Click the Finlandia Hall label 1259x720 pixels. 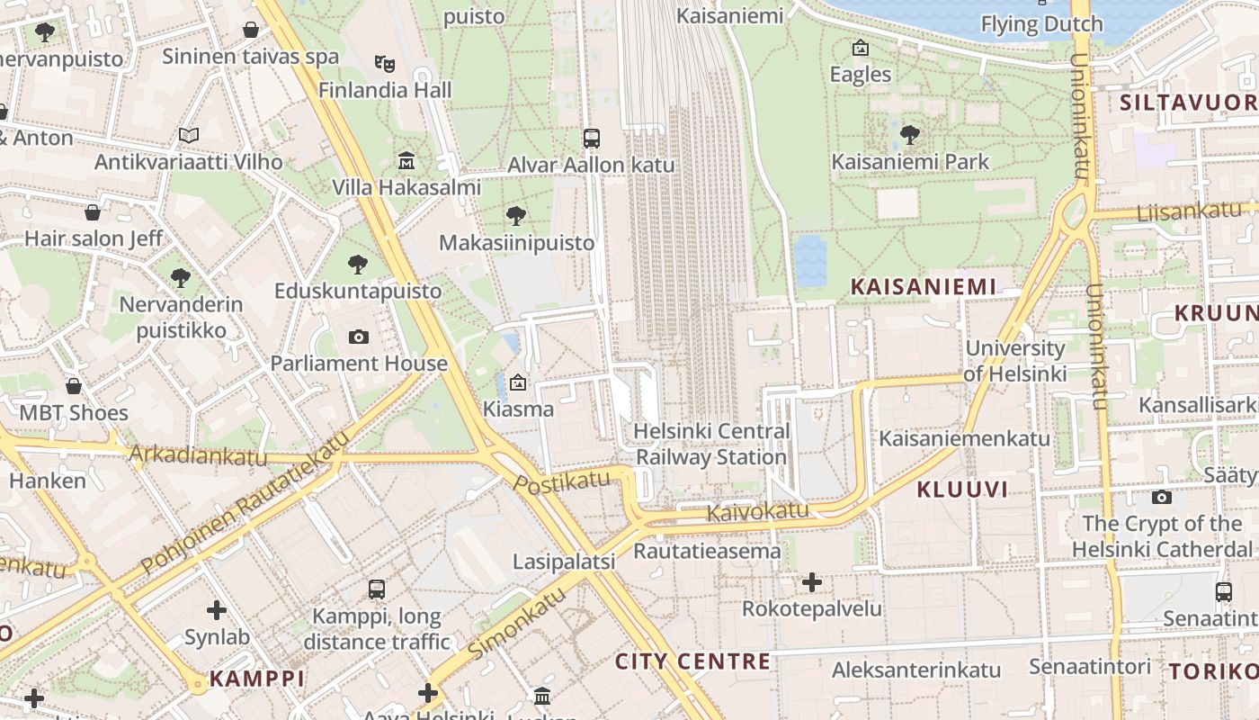click(x=385, y=90)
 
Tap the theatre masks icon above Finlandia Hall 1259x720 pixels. click(x=385, y=63)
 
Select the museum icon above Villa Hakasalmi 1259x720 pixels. click(x=406, y=161)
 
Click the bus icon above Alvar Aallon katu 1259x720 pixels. click(x=591, y=139)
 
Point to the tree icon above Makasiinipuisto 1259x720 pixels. click(x=516, y=216)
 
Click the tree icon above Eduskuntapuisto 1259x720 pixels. click(x=358, y=265)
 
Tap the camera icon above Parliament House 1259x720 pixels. click(x=359, y=337)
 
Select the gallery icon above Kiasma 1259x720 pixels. click(x=518, y=382)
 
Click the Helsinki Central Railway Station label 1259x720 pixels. click(x=711, y=444)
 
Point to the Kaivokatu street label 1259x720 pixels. click(x=757, y=512)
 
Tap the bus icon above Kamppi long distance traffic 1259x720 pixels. click(x=377, y=590)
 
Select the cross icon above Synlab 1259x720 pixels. click(x=217, y=610)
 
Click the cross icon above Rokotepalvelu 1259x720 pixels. click(x=812, y=582)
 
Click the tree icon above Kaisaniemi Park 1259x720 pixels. click(x=910, y=136)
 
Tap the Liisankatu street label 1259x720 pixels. click(x=1189, y=212)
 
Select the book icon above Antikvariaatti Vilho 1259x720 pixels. click(x=188, y=136)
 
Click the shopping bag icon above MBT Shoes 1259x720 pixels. click(x=74, y=386)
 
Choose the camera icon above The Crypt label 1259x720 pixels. click(x=1162, y=497)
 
